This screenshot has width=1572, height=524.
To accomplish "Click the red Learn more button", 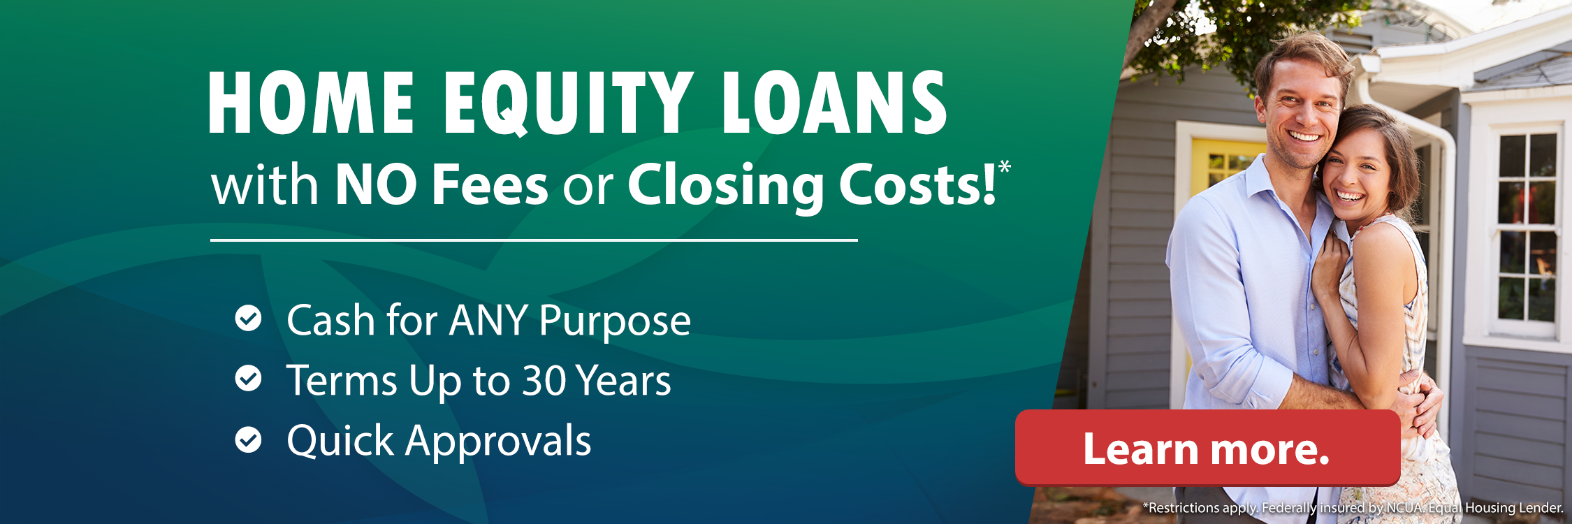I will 1207,448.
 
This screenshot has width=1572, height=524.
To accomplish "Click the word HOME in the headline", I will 312,103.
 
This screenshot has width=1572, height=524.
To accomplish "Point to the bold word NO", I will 376,184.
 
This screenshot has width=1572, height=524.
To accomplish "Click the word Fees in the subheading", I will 490,184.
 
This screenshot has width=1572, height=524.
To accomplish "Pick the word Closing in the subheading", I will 726,186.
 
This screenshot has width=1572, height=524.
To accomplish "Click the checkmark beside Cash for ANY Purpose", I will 248,319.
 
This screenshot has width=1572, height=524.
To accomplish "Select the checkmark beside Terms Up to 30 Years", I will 248,379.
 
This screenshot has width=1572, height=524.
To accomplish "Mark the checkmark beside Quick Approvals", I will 248,440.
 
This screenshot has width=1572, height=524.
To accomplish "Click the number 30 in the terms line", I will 544,381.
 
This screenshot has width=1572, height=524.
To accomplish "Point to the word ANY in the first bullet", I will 488,321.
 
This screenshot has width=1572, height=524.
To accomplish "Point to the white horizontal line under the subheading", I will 534,240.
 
